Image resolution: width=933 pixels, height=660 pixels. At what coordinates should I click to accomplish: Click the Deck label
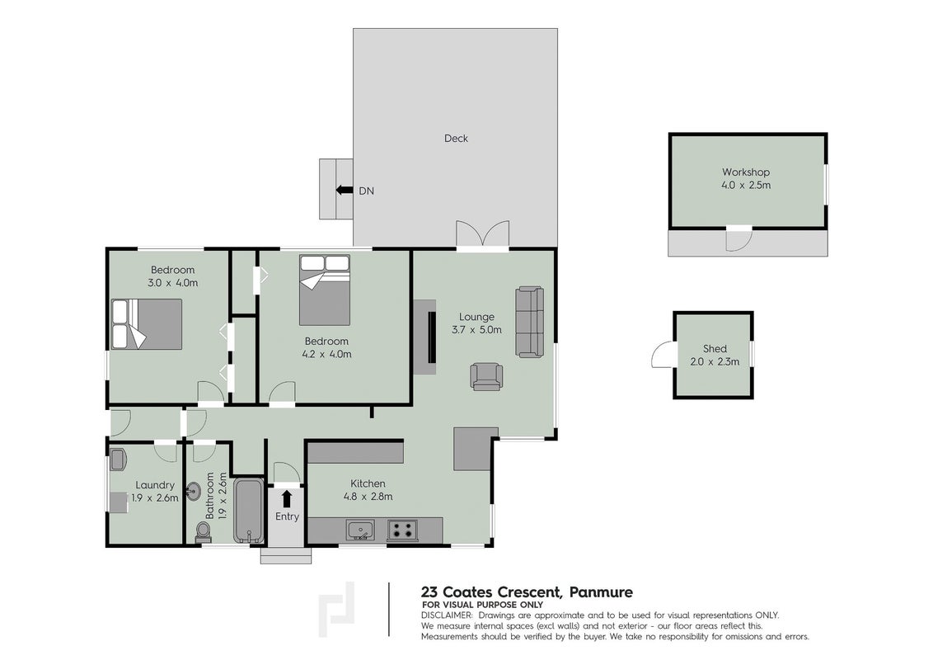(x=456, y=139)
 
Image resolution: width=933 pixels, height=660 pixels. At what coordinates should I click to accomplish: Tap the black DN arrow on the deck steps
(x=344, y=190)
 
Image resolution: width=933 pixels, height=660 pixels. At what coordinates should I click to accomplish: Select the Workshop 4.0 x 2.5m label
(x=746, y=179)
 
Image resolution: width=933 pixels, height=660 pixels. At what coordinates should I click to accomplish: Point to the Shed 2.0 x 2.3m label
(x=715, y=355)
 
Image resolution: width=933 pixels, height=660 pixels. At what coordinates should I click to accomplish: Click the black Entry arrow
(x=286, y=498)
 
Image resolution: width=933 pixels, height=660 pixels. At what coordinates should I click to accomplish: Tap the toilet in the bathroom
(x=204, y=532)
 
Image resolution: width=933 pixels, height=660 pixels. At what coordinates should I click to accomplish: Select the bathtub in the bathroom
(x=248, y=511)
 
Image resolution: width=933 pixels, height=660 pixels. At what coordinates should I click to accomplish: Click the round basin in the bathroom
(x=194, y=492)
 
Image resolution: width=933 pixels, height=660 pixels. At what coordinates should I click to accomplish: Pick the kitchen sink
(x=360, y=530)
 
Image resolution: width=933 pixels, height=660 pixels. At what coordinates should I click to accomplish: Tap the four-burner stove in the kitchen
(x=402, y=530)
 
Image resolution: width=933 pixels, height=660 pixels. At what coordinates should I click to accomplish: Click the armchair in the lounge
(x=486, y=376)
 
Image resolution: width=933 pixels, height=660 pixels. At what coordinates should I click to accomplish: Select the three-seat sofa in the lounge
(x=529, y=322)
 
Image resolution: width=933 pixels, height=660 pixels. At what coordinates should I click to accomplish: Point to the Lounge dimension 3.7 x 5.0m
(x=476, y=329)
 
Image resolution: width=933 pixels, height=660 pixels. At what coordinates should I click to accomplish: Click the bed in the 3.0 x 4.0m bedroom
(x=147, y=324)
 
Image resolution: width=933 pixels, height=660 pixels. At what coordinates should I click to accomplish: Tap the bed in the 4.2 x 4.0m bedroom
(x=324, y=290)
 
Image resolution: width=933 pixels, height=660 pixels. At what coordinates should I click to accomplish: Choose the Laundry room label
(x=155, y=485)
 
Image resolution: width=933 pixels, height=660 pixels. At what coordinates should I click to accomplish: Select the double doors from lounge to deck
(x=482, y=235)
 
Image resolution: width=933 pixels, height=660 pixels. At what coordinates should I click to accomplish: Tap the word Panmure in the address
(x=601, y=592)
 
